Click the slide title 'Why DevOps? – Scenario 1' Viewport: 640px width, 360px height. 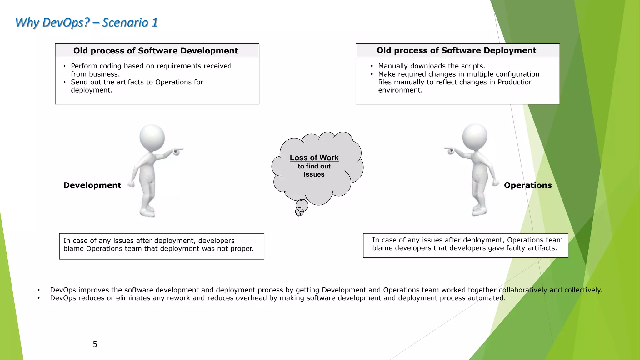coord(86,22)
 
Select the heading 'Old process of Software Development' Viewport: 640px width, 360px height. coord(156,51)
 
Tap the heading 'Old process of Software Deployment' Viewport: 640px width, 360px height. coord(456,50)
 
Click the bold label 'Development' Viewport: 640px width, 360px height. coord(92,185)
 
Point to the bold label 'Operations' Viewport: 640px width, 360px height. coord(528,185)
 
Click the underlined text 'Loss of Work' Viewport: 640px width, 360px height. coord(314,158)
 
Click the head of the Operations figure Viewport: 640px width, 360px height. coord(474,136)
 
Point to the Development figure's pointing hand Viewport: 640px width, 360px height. coord(177,151)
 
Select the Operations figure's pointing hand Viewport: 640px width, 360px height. coord(450,150)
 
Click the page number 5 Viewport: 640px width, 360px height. coord(95,344)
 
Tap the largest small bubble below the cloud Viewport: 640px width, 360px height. coord(302,205)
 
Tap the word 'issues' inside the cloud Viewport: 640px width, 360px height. coord(314,174)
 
